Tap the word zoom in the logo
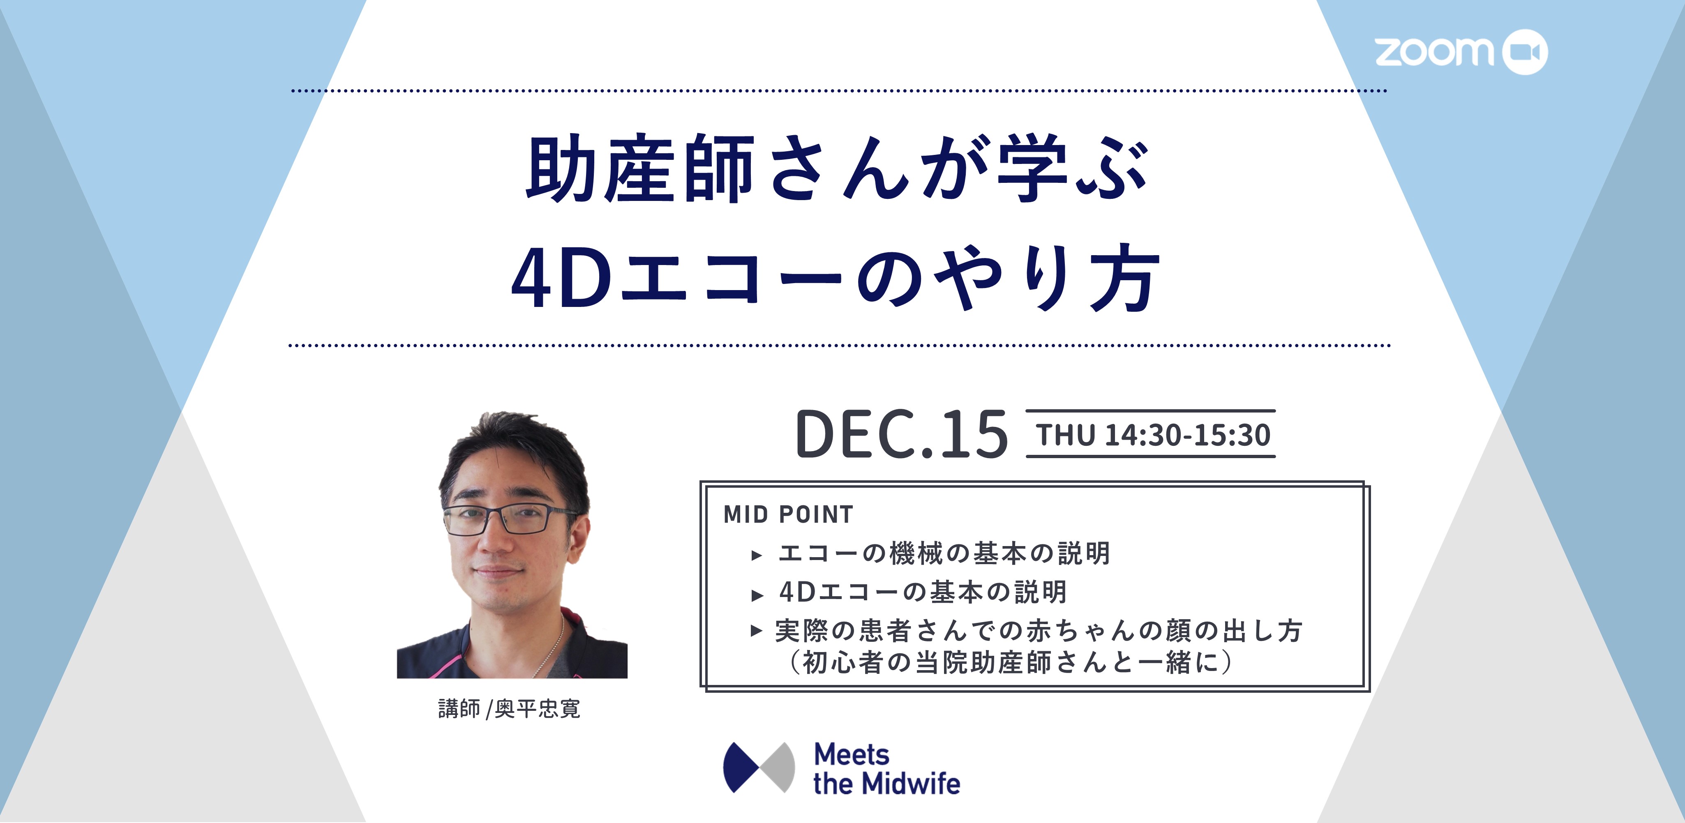1434,52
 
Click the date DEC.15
901,434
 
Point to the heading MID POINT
788,515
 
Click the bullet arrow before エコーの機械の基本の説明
757,556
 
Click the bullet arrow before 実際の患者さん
757,631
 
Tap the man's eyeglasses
510,519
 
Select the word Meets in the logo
852,755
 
